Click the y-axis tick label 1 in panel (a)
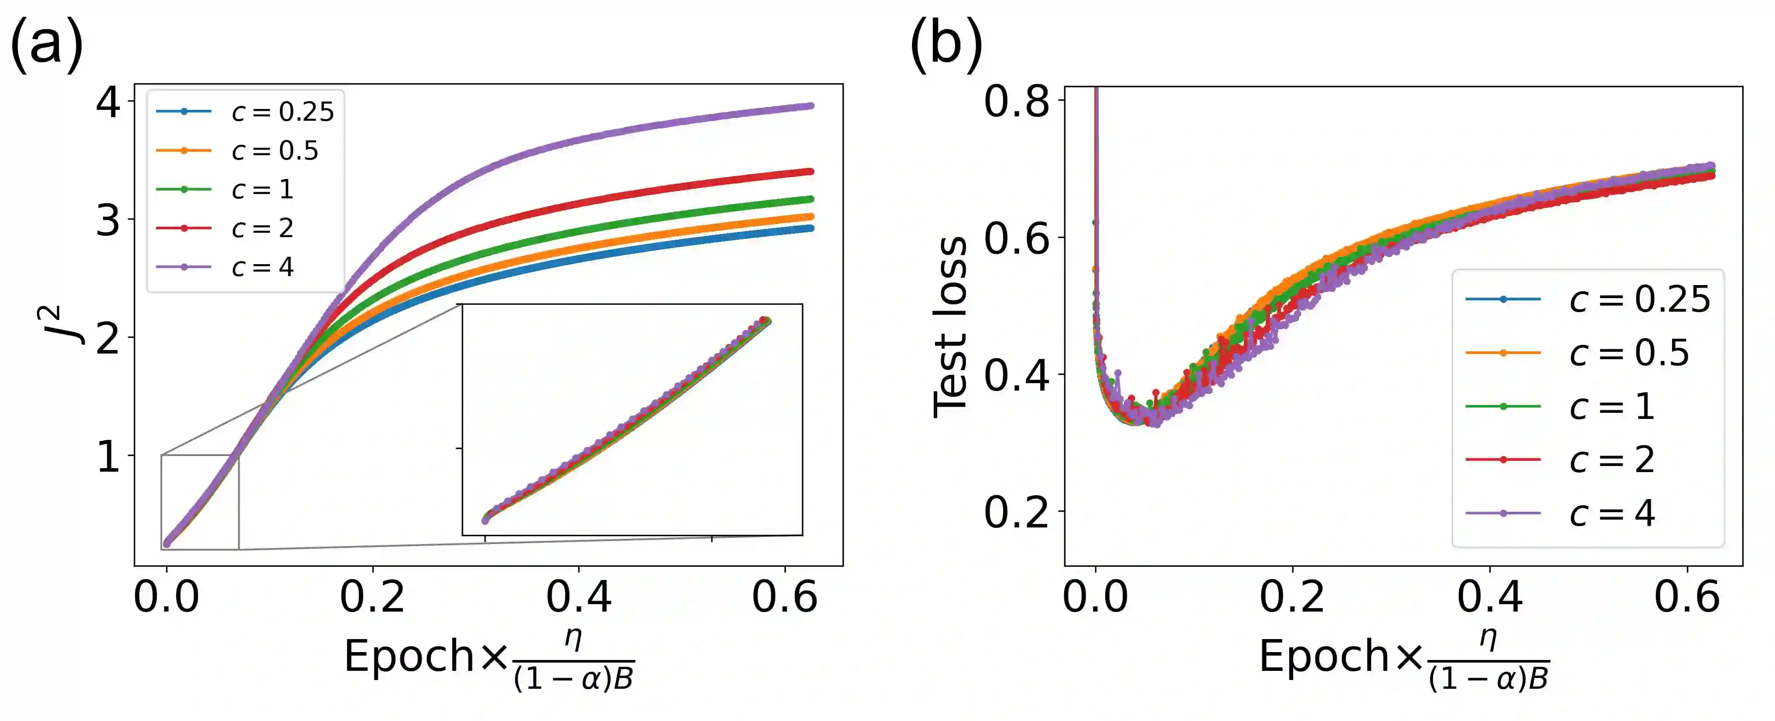point(108,456)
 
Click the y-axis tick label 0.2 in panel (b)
point(1016,512)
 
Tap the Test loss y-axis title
point(949,326)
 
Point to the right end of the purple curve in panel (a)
point(811,106)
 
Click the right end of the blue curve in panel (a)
point(811,228)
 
